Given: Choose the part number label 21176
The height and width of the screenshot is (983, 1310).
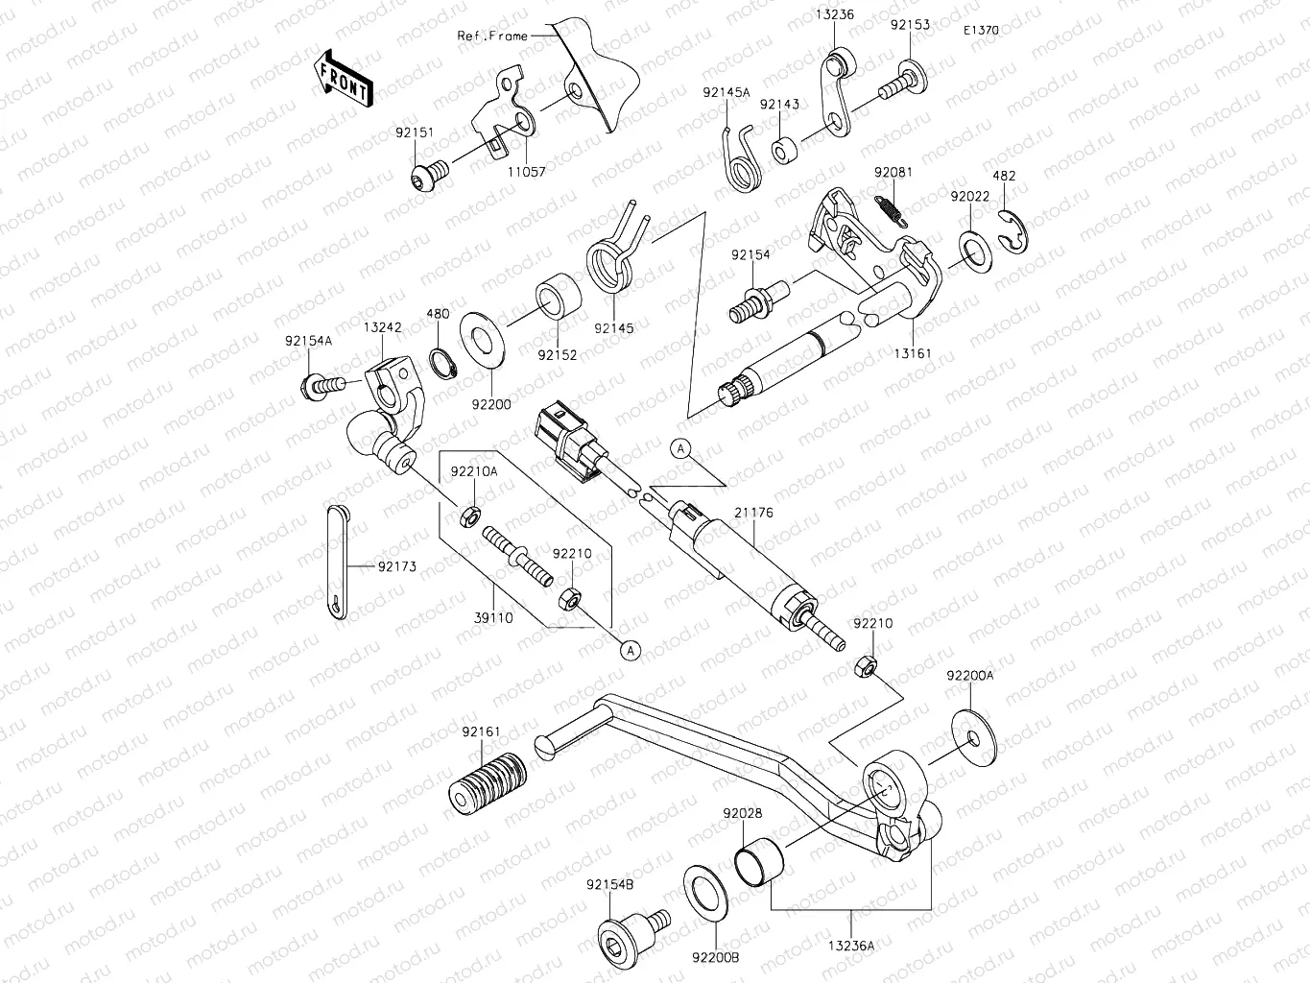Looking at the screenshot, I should point(754,514).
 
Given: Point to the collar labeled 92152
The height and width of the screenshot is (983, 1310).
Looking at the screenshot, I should point(558,296).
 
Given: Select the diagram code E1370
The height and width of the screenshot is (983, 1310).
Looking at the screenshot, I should point(982,31).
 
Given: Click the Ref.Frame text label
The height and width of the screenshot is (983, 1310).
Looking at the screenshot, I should point(491,36).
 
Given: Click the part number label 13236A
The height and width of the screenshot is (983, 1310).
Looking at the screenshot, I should point(851,946).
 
